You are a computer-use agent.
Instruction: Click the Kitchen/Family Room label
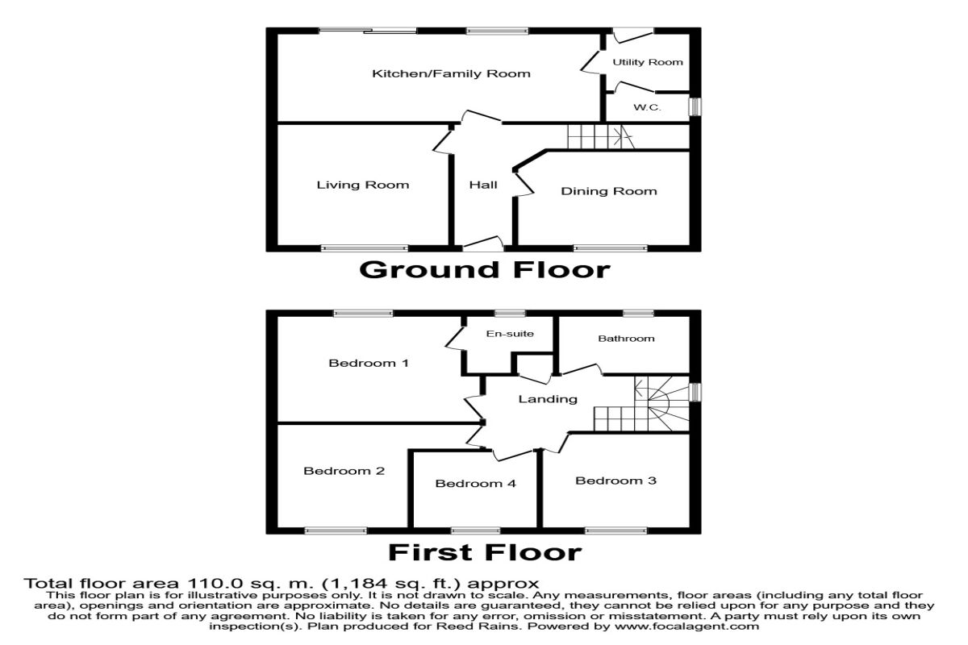coord(451,74)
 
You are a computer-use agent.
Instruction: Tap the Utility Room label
coord(647,62)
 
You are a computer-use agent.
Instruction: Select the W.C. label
coord(647,107)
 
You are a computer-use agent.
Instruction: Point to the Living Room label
coord(362,185)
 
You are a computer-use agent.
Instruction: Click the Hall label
coord(483,185)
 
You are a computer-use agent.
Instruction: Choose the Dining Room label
coord(609,191)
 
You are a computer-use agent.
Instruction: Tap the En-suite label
coord(510,334)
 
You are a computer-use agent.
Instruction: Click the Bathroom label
coord(626,339)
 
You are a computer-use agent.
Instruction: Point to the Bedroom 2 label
coord(344,471)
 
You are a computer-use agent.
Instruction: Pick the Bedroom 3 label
coord(615,481)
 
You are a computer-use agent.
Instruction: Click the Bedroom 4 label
coord(475,484)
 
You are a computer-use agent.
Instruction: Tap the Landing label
coord(548,399)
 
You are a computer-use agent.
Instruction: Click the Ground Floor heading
coord(484,268)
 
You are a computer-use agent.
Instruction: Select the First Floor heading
coord(484,552)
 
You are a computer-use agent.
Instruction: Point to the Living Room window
coord(364,248)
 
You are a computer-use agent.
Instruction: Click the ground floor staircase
coord(597,137)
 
